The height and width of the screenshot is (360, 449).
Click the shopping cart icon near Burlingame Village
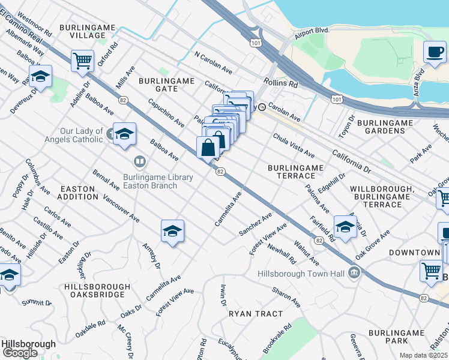point(82,59)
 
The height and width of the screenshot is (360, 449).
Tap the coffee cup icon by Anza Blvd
point(435,52)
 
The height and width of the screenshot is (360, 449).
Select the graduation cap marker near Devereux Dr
point(40,76)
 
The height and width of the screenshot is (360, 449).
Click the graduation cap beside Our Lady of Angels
point(124,133)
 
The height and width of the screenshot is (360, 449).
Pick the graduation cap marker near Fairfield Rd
point(345,226)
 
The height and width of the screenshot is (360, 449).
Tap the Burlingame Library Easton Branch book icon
point(139,161)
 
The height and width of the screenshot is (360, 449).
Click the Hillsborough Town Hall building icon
point(354,274)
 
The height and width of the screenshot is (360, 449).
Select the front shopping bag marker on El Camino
point(208,147)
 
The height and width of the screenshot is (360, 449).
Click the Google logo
point(20,353)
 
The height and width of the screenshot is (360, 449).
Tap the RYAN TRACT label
point(255,314)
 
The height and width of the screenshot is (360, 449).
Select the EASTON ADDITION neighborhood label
point(78,193)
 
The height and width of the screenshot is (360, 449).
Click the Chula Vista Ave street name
point(294,146)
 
